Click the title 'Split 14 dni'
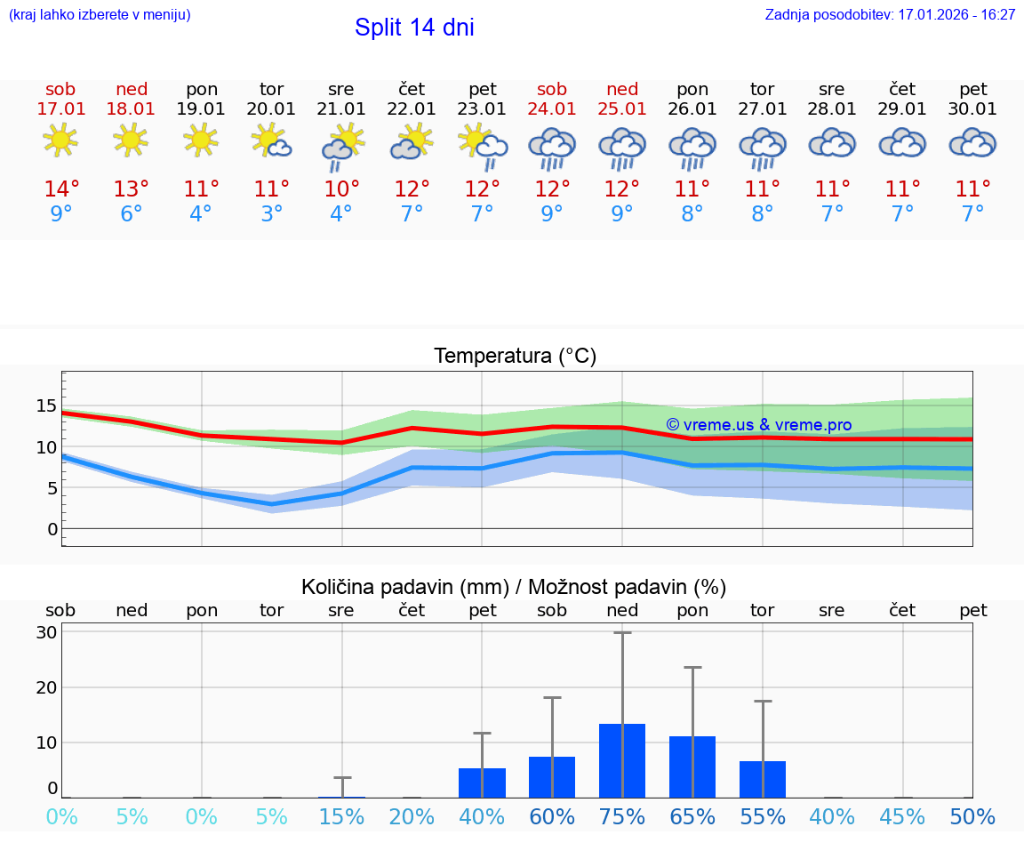(x=414, y=28)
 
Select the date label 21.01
(x=341, y=109)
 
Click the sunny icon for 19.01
(x=201, y=140)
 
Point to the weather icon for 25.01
(x=622, y=147)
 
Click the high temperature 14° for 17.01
(x=61, y=189)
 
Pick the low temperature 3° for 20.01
(x=271, y=214)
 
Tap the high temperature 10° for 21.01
(x=341, y=189)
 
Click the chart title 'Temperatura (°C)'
(x=515, y=357)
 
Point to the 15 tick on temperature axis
(x=46, y=405)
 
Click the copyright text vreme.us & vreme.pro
(x=758, y=425)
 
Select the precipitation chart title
(x=514, y=587)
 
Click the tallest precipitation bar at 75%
(x=622, y=761)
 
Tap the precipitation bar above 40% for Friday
(x=482, y=783)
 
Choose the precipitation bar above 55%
(x=763, y=779)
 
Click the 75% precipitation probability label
(x=622, y=817)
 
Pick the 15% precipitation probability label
(x=341, y=817)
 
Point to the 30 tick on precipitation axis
(x=47, y=632)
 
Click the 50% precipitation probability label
(x=972, y=817)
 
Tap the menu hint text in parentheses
(x=100, y=15)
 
